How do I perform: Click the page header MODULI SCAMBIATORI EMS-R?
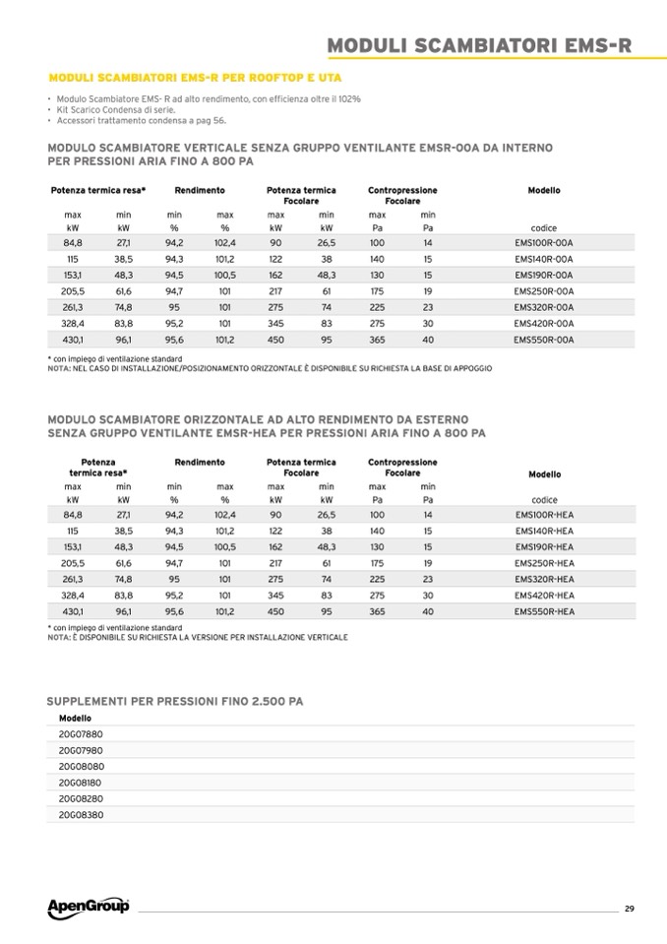[x=478, y=45]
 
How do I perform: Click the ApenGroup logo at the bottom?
[x=89, y=906]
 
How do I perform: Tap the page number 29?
[x=629, y=908]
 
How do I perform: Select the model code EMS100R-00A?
[x=543, y=242]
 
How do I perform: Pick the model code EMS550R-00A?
[x=543, y=340]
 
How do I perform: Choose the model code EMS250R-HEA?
[x=544, y=563]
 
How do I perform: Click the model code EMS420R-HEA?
[x=544, y=596]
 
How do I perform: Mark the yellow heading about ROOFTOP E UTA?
[x=196, y=77]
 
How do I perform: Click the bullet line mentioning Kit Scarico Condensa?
[x=116, y=110]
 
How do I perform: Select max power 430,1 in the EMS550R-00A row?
[x=72, y=340]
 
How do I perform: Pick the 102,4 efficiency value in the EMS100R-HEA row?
[x=224, y=515]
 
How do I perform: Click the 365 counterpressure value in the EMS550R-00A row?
[x=377, y=340]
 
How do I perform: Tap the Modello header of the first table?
[x=544, y=190]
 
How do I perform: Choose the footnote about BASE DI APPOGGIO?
[x=269, y=367]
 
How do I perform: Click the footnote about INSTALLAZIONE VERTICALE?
[x=197, y=637]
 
